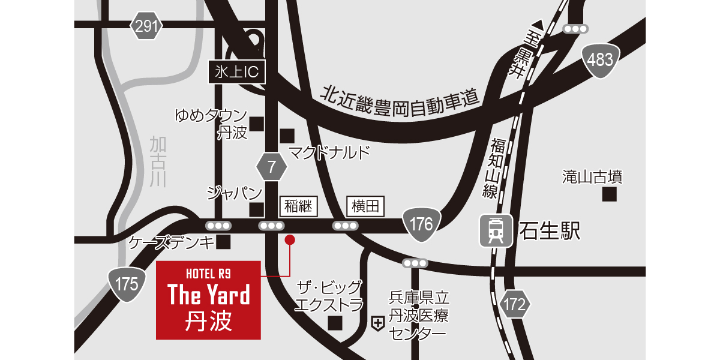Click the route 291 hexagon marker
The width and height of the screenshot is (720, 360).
tap(146, 26)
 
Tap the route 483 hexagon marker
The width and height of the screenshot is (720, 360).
tap(601, 59)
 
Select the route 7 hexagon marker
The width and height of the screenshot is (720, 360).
tap(272, 167)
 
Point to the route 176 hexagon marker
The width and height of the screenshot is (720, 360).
tap(422, 224)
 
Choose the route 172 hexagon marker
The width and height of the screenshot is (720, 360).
tap(514, 304)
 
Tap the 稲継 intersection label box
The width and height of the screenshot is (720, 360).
tap(298, 207)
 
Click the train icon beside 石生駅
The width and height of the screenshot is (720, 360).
tap(496, 230)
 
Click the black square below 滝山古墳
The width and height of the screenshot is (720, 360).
tap(610, 194)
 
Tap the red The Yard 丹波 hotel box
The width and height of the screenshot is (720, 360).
tap(208, 300)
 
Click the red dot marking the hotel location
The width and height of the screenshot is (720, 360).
tap(290, 240)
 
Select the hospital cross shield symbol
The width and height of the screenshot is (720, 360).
tap(378, 324)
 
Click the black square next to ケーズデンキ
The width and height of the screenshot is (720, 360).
tap(224, 242)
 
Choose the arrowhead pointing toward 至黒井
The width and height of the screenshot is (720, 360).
tap(538, 25)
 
